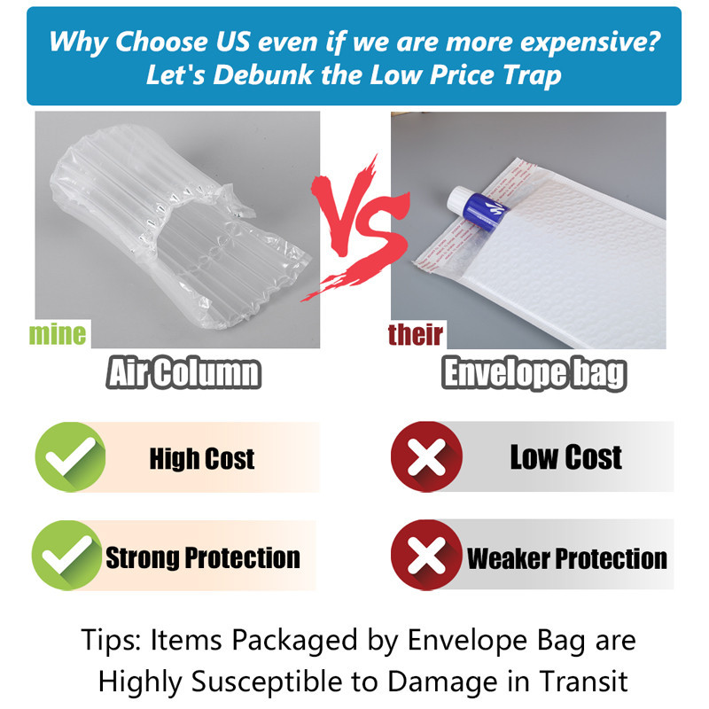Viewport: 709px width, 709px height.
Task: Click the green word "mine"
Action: (x=57, y=335)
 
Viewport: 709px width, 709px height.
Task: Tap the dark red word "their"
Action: (x=415, y=335)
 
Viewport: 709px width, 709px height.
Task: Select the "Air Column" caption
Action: (x=183, y=372)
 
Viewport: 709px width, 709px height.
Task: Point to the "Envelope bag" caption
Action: (x=534, y=373)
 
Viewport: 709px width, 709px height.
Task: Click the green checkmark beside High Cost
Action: (x=70, y=456)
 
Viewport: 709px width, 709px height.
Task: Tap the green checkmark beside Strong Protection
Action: (x=67, y=556)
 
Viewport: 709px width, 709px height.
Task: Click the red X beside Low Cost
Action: (x=426, y=456)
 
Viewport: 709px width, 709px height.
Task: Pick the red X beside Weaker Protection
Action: (x=426, y=555)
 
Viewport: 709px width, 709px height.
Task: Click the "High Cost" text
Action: (x=202, y=458)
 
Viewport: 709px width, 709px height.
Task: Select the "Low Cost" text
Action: (x=566, y=457)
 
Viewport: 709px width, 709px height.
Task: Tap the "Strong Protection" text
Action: (x=203, y=557)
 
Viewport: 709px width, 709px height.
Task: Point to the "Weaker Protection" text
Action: (x=566, y=558)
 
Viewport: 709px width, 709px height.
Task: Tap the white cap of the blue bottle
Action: (x=457, y=199)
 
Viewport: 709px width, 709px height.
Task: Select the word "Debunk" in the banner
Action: (x=263, y=75)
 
